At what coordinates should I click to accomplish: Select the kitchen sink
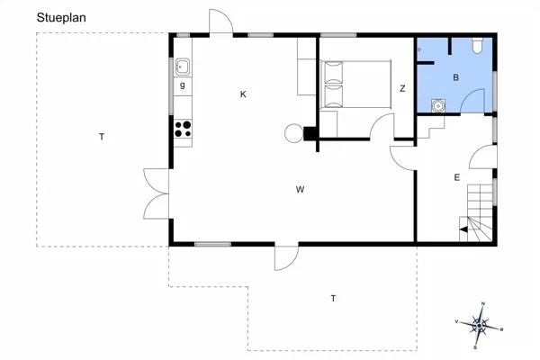coord(182,65)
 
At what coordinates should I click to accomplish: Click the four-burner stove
coord(183,129)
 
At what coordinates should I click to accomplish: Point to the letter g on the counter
coord(182,85)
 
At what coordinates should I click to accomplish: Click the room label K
coord(243,94)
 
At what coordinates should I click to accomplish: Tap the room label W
coord(300,189)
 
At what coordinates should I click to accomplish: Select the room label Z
coord(402,88)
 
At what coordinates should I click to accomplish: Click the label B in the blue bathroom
coord(455,78)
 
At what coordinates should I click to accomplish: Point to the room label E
coord(456,178)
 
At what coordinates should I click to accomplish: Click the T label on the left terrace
coord(102,137)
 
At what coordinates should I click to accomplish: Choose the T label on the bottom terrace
coord(333,298)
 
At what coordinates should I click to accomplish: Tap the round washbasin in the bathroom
coord(437,104)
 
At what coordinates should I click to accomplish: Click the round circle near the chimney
coord(293,133)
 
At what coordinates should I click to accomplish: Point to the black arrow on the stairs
coord(464,230)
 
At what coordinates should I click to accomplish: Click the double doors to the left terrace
coord(156,194)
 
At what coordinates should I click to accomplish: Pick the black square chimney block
coord(310,134)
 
